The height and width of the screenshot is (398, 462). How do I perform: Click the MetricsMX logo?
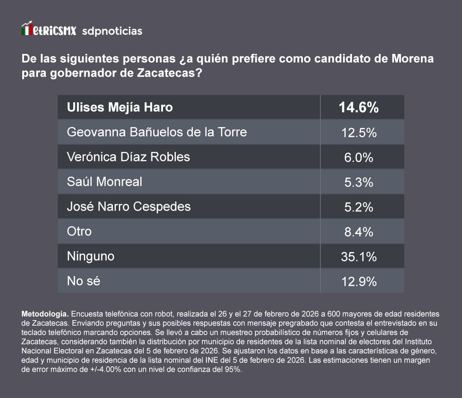(49, 30)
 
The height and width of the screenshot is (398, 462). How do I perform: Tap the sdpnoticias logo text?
(112, 31)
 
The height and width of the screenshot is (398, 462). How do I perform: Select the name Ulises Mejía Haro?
(120, 107)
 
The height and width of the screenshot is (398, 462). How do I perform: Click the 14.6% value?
(358, 107)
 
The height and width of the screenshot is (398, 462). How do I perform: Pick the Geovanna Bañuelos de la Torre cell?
(157, 132)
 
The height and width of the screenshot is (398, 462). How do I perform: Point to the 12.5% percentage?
(358, 133)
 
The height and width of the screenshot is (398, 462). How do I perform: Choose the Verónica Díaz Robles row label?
(128, 157)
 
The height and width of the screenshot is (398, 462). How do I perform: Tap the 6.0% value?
(358, 157)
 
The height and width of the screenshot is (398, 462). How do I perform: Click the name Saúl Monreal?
(104, 181)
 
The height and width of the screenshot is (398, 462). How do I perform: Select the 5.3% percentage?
(358, 182)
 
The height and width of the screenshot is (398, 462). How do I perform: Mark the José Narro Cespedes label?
(129, 206)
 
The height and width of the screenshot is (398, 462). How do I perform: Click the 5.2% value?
(358, 207)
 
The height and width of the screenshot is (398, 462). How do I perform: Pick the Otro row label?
(79, 231)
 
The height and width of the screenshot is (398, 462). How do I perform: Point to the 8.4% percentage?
(358, 232)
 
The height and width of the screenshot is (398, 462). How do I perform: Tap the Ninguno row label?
(91, 256)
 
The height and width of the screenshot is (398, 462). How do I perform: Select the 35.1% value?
(358, 257)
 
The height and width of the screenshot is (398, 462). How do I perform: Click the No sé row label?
(83, 281)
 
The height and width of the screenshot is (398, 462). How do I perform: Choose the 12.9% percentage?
(358, 282)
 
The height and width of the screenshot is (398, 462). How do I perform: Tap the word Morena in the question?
(412, 58)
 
